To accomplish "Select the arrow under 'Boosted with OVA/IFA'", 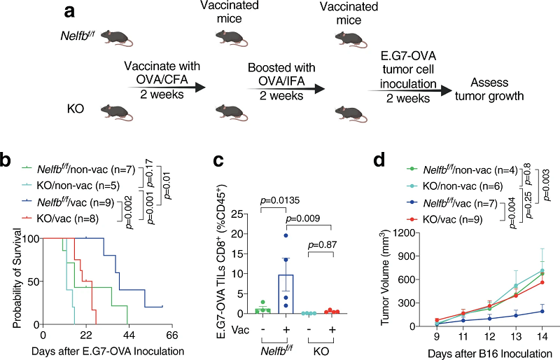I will coord(286,88).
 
